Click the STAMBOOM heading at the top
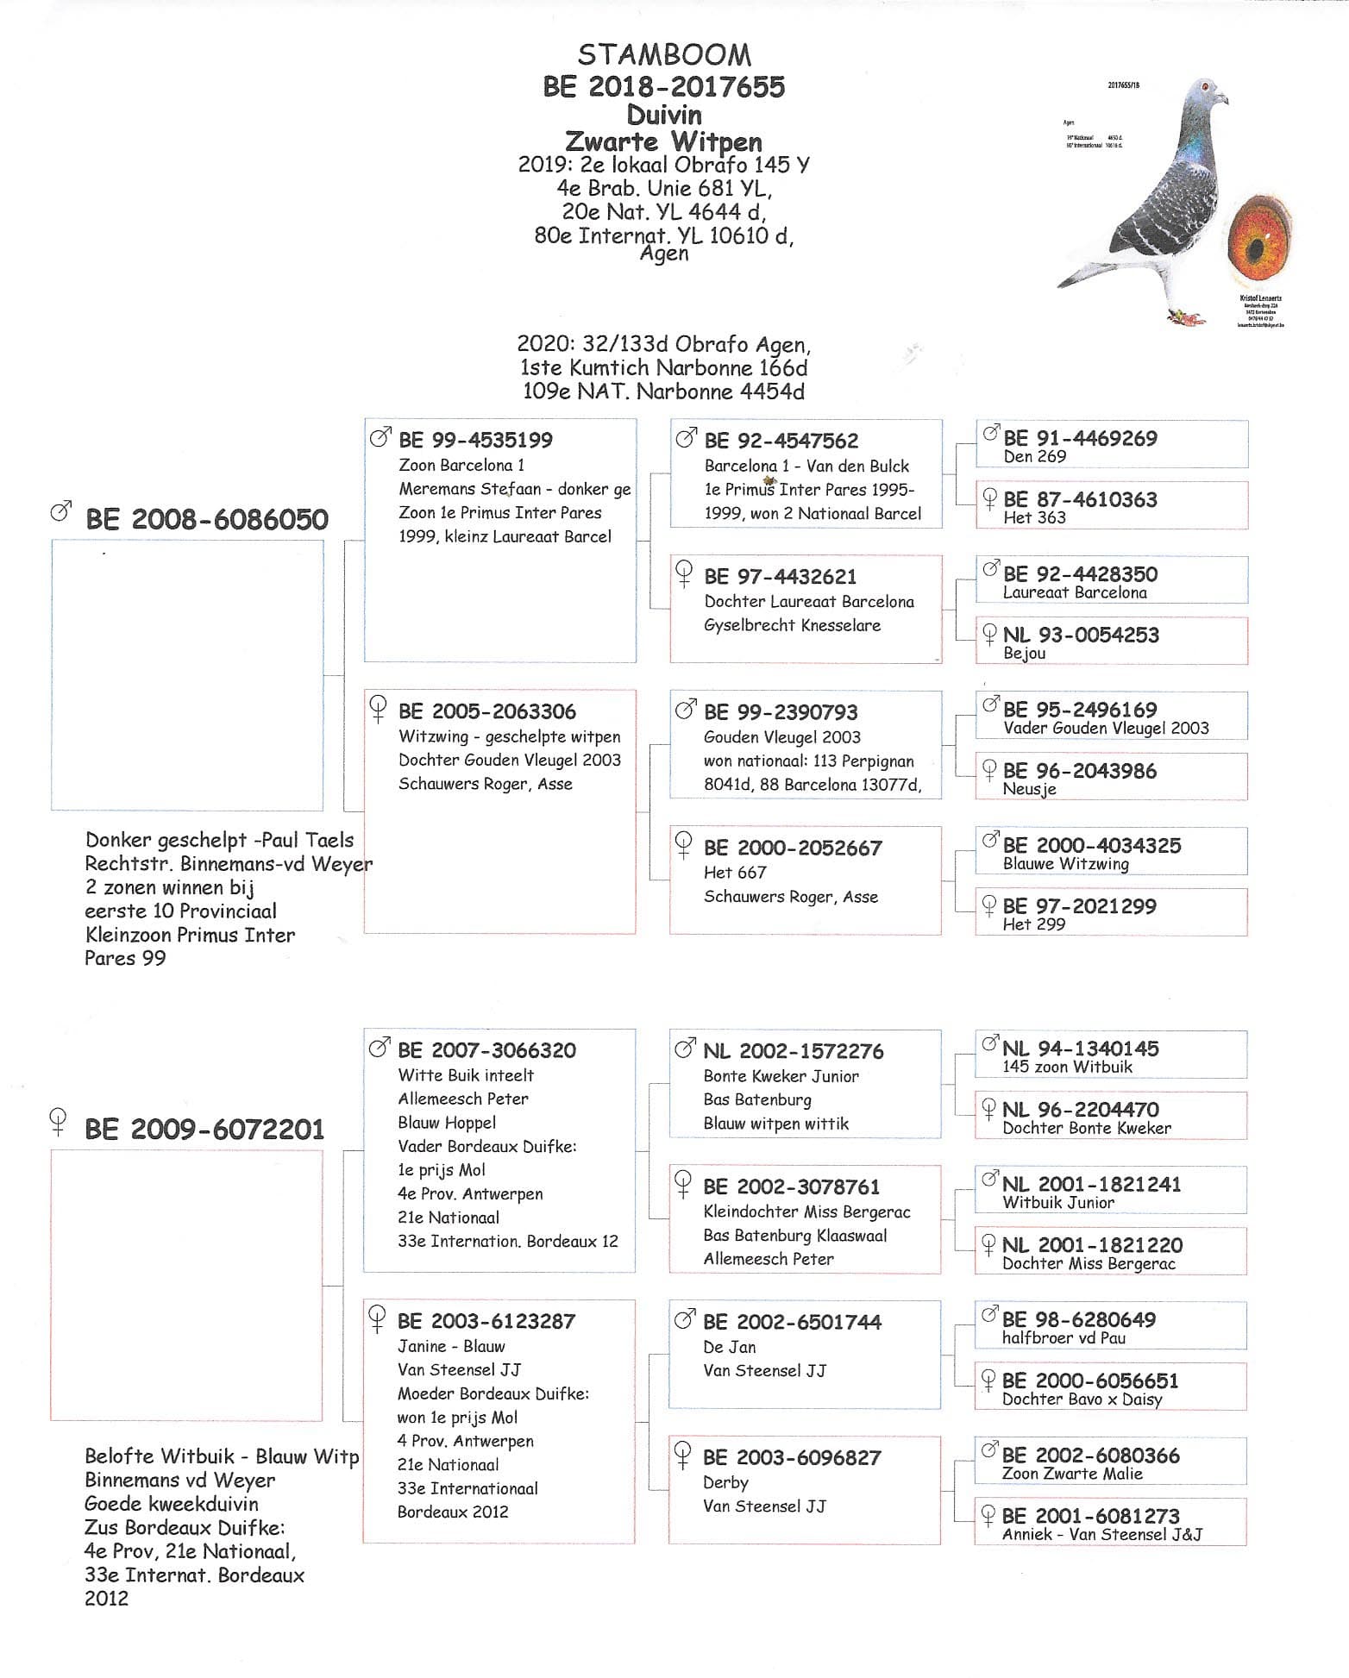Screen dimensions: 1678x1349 (664, 55)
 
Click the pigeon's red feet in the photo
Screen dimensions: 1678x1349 (1185, 317)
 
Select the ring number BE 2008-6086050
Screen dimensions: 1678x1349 (207, 520)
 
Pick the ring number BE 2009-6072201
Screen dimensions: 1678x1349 (205, 1130)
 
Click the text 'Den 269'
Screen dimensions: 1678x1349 (1034, 457)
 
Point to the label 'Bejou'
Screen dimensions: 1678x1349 (1024, 654)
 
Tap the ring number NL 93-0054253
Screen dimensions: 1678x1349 (1081, 636)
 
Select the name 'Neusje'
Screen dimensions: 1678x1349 (1029, 789)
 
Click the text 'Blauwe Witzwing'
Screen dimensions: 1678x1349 (1065, 864)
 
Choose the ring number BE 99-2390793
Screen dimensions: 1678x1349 (781, 712)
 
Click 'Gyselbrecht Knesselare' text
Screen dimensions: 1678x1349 (792, 625)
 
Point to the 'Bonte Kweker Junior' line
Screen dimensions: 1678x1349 (781, 1076)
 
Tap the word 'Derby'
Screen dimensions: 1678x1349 (725, 1482)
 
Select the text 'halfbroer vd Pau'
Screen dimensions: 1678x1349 (1064, 1338)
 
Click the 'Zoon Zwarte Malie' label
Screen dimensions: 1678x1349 (1072, 1474)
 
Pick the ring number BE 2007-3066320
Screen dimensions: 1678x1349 (486, 1050)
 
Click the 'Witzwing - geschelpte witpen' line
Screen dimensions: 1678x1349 (509, 736)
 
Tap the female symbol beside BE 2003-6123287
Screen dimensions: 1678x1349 (377, 1318)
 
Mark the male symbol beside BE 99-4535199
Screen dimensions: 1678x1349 (379, 438)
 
